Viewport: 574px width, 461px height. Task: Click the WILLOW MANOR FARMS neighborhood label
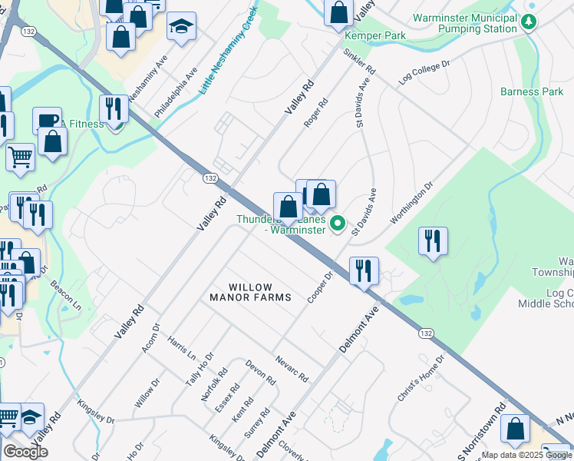(x=251, y=292)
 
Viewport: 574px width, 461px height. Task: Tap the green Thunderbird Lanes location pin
(x=338, y=224)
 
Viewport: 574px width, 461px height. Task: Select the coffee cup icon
(x=47, y=121)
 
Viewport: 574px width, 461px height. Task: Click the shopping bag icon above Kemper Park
(x=338, y=13)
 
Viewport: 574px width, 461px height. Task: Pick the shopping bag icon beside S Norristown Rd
(x=515, y=430)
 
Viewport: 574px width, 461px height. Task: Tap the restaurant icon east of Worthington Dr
(x=433, y=241)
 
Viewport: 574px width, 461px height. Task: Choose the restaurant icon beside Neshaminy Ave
(x=114, y=109)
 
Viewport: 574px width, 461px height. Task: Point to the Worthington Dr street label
(x=412, y=203)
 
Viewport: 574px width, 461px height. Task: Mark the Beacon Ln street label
(x=66, y=294)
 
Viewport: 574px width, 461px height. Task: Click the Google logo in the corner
(x=25, y=452)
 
